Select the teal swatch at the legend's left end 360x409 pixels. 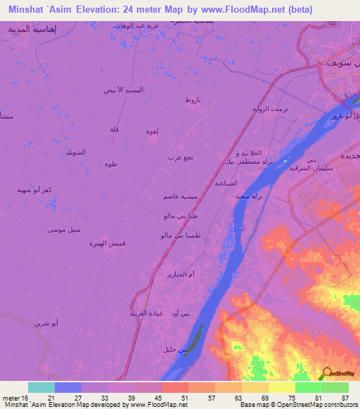(41, 387)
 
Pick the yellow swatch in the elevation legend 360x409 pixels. (281, 387)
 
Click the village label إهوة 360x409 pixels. (152, 131)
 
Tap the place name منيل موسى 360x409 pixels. (62, 230)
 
